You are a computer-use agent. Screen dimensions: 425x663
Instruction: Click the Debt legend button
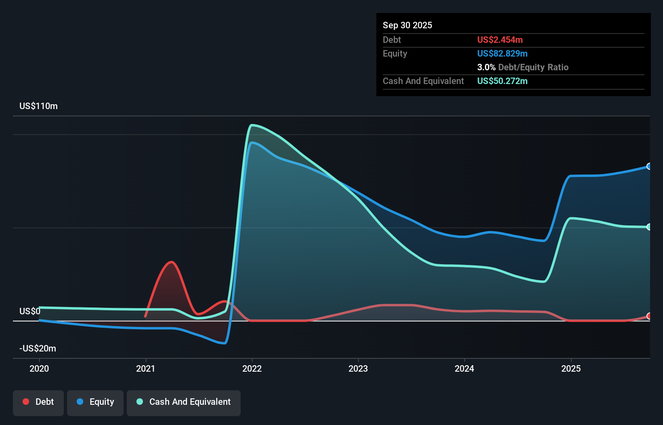click(38, 402)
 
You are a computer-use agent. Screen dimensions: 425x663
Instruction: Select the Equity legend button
click(95, 402)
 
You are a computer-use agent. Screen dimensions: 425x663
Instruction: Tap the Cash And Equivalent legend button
click(184, 402)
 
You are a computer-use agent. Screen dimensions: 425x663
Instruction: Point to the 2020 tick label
click(39, 368)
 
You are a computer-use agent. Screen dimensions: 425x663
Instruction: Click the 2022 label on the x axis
click(252, 368)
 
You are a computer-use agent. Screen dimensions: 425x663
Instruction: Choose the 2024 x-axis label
click(464, 368)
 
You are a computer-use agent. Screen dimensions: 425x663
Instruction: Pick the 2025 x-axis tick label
click(571, 368)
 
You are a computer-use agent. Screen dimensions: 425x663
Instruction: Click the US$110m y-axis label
click(38, 106)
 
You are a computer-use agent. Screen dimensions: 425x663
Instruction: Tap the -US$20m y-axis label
click(38, 349)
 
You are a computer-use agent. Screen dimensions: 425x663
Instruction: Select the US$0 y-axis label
click(30, 311)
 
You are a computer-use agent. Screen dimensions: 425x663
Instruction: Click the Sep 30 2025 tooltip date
click(407, 25)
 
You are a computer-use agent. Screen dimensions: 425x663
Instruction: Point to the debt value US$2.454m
click(500, 40)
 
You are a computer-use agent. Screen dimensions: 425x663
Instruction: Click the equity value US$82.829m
click(502, 54)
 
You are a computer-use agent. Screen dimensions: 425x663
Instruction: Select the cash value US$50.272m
click(502, 81)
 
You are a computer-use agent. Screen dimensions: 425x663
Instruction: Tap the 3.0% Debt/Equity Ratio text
click(522, 67)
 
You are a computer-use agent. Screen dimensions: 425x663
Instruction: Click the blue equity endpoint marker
click(649, 166)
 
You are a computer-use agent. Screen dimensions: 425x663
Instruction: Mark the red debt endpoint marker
click(649, 316)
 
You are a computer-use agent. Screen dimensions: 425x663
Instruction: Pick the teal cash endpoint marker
click(649, 227)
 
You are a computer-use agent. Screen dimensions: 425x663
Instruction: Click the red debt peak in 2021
click(172, 262)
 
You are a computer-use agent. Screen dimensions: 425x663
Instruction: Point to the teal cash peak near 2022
click(252, 125)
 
